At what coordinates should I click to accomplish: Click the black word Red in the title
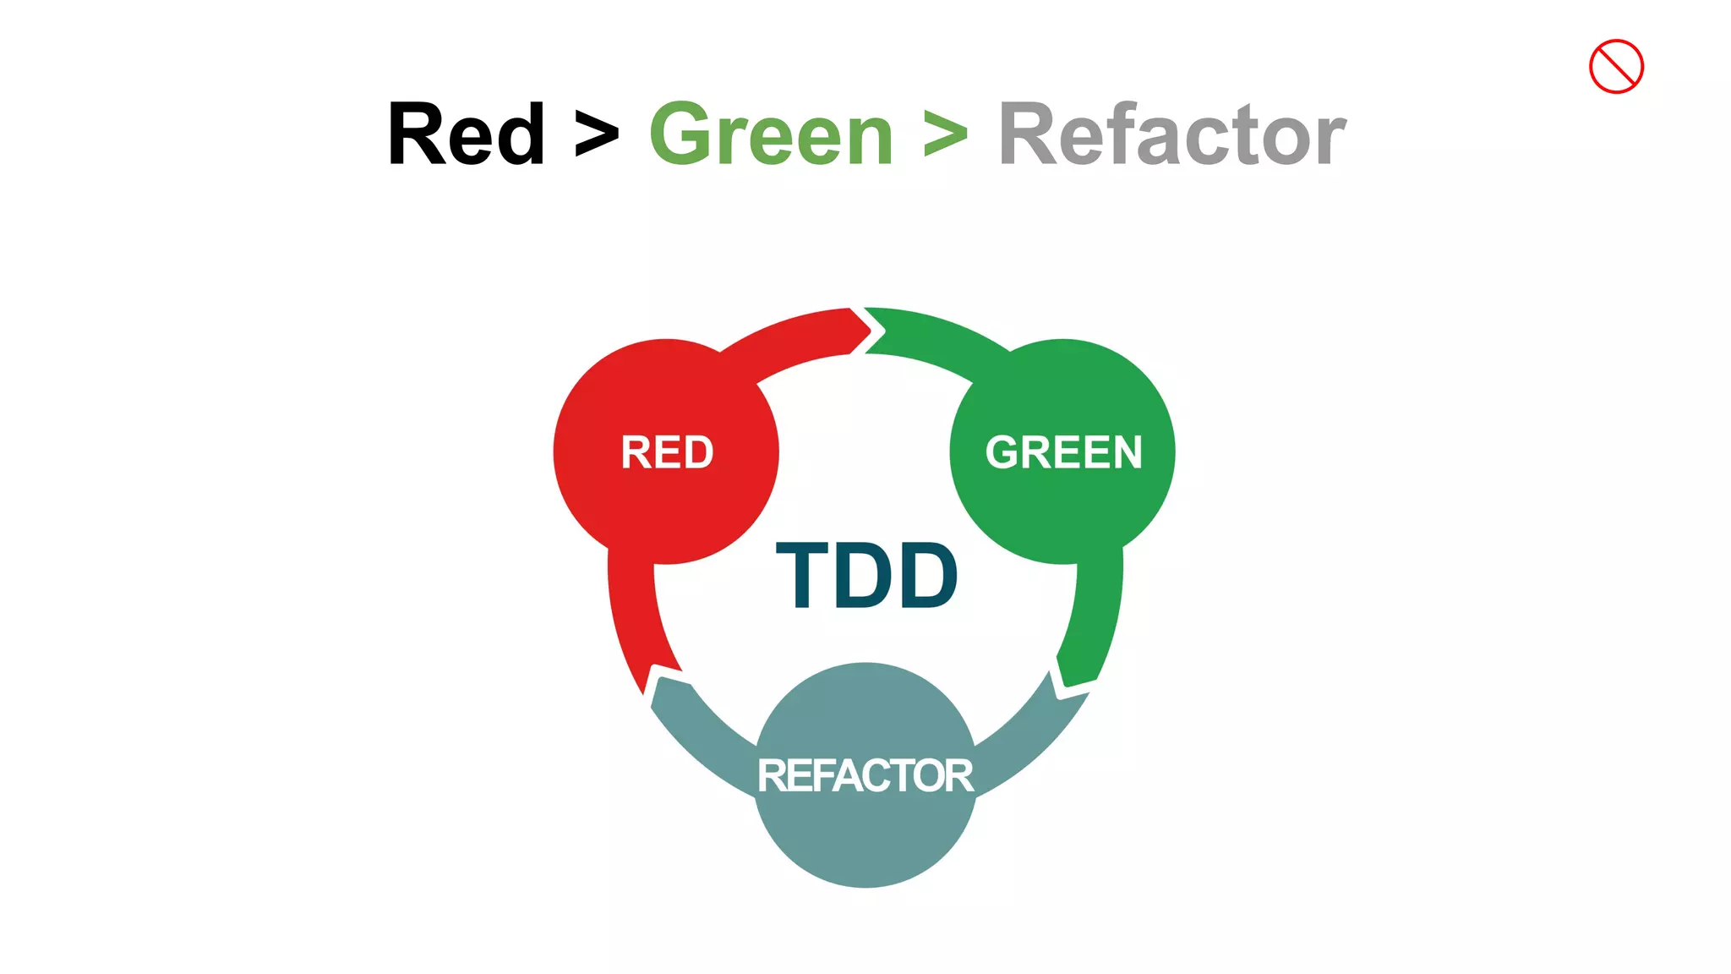(x=466, y=134)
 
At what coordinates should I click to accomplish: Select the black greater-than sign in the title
(x=597, y=134)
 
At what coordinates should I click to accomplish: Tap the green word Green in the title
(x=771, y=134)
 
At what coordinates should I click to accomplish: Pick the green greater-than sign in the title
(x=945, y=134)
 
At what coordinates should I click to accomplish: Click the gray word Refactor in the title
(x=1171, y=134)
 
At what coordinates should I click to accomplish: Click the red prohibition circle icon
(x=1615, y=66)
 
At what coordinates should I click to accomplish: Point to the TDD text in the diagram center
(x=866, y=576)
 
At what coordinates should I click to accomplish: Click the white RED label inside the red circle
(x=667, y=452)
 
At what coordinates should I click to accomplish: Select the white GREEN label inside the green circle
(x=1063, y=452)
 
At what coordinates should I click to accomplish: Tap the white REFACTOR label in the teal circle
(x=865, y=775)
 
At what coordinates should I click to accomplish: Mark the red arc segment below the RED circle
(x=636, y=617)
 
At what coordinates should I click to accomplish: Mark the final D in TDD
(x=927, y=576)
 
